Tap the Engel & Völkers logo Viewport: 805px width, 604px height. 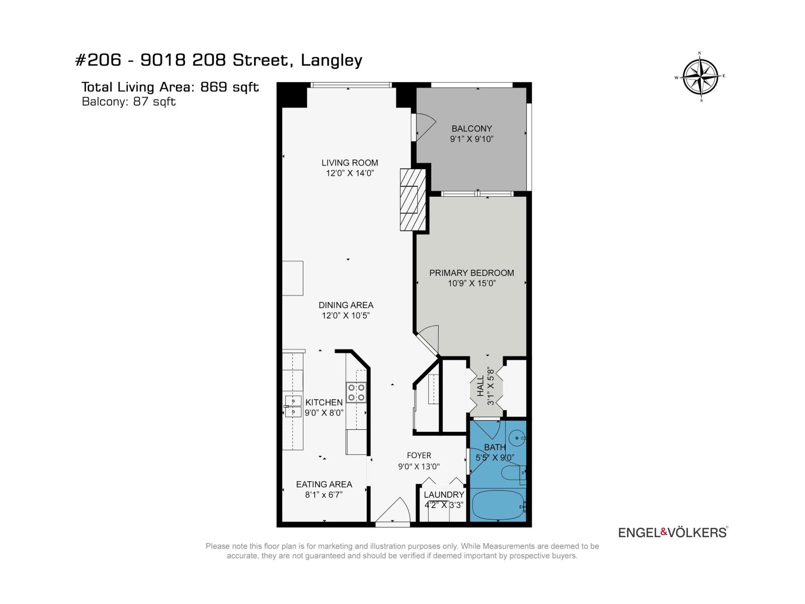click(673, 532)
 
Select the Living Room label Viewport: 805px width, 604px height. click(350, 163)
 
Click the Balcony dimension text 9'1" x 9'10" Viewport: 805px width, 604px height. click(471, 139)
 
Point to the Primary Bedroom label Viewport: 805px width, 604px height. click(471, 273)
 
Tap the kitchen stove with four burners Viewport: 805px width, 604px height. click(356, 392)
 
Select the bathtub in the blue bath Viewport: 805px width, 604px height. click(498, 505)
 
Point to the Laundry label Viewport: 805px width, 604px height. click(443, 495)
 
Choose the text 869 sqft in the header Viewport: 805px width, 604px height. click(229, 87)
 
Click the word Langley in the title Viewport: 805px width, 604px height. click(331, 60)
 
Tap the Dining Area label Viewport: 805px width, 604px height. click(346, 305)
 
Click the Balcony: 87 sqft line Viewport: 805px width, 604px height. click(129, 102)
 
